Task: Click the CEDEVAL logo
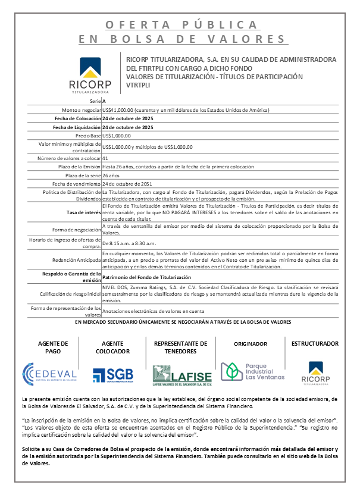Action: [x=49, y=372]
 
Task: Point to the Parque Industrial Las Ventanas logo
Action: [x=245, y=372]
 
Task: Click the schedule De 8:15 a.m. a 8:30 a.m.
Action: [x=130, y=243]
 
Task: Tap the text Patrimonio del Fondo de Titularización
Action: [x=147, y=277]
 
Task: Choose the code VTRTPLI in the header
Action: [x=139, y=85]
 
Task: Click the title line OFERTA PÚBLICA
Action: [x=182, y=24]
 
